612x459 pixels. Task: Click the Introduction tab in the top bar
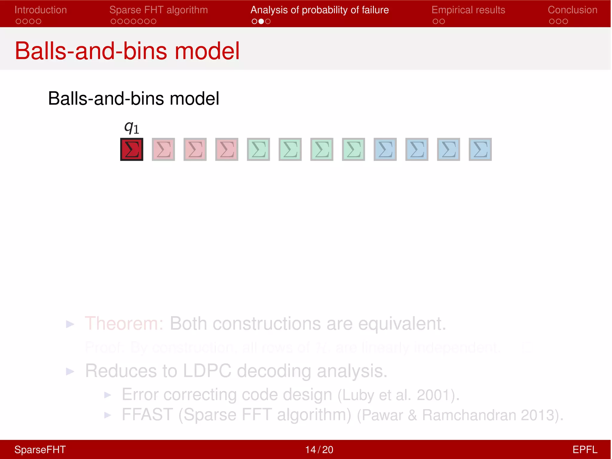(x=41, y=10)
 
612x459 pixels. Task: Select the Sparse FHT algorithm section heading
(x=158, y=10)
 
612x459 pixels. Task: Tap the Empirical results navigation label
(x=468, y=10)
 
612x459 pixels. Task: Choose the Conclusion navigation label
(x=572, y=10)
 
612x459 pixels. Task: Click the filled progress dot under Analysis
(x=261, y=21)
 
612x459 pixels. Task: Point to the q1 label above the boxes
(x=131, y=128)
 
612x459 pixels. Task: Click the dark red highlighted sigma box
(x=132, y=149)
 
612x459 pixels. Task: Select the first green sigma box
(x=258, y=149)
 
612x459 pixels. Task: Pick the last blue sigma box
(x=480, y=149)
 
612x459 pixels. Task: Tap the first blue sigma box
(x=385, y=149)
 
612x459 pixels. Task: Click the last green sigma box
(x=354, y=149)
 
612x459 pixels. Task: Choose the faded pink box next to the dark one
(x=163, y=149)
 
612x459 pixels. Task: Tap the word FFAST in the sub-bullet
(x=147, y=415)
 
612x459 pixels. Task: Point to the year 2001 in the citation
(x=434, y=395)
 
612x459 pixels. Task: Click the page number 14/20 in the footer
(x=319, y=450)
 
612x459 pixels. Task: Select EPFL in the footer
(x=585, y=450)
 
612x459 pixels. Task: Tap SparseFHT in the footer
(x=40, y=450)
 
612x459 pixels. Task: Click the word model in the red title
(x=207, y=51)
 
